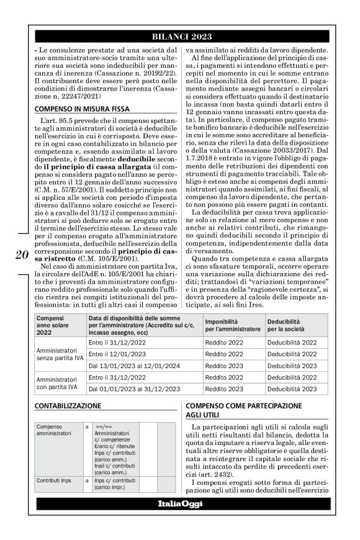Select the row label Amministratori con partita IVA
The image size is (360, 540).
pyautogui.click(x=59, y=383)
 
